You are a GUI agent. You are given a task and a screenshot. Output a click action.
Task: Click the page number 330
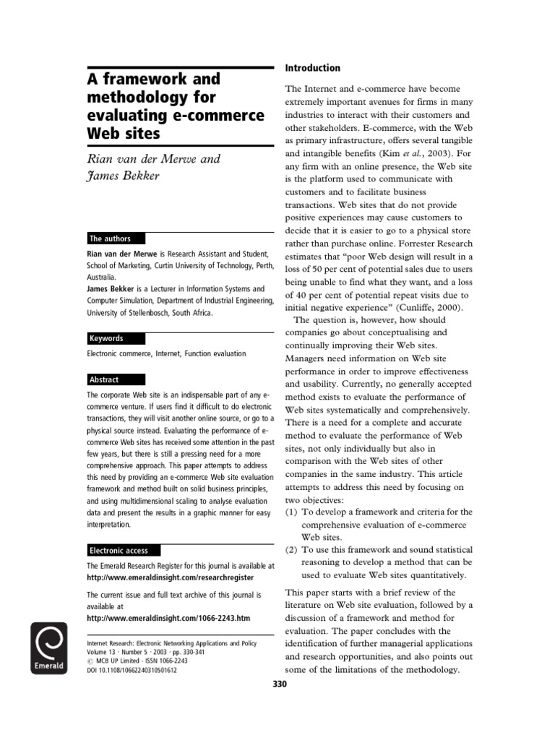click(280, 684)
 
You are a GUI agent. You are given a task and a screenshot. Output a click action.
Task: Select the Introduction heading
click(312, 68)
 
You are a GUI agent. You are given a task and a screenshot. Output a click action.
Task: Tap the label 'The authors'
click(115, 238)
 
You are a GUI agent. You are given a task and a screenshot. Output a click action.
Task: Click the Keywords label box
click(116, 338)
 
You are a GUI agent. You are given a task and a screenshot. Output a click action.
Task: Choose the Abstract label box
click(116, 379)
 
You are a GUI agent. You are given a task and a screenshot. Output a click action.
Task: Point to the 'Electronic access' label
click(123, 550)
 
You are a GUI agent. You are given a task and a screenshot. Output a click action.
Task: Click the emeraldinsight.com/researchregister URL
click(170, 578)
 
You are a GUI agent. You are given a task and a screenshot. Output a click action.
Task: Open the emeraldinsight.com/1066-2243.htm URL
click(168, 619)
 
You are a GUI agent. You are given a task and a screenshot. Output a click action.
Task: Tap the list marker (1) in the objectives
click(291, 512)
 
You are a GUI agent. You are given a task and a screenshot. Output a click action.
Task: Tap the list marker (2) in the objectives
click(291, 550)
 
